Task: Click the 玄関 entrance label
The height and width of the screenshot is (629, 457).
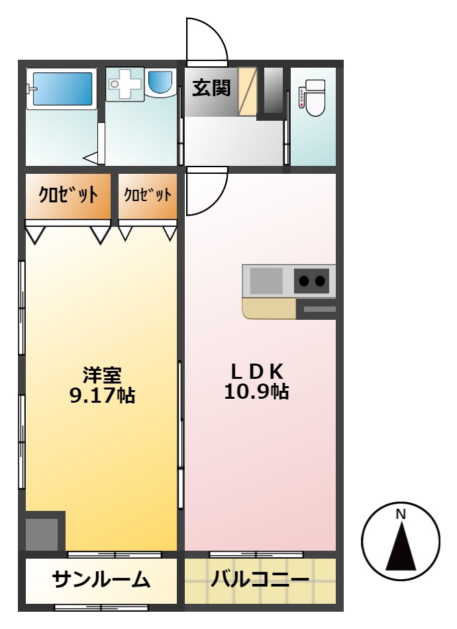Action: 211,88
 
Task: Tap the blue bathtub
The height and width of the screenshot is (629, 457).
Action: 62,89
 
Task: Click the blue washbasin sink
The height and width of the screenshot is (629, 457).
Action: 161,82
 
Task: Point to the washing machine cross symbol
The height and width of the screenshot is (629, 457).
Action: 125,84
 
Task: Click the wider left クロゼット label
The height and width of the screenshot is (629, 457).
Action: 68,195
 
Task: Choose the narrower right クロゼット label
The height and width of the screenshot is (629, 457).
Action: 148,195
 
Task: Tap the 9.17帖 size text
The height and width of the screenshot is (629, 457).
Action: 103,395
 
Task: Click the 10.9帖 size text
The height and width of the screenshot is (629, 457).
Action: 256,391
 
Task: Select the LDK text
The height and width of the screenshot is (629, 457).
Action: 257,372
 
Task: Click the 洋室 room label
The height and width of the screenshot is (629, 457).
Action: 102,376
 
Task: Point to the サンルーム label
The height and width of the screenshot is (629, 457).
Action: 101,580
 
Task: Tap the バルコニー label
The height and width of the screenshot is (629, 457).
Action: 260,580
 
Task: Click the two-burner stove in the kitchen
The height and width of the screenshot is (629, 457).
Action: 312,281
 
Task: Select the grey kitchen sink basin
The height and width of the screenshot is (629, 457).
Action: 266,281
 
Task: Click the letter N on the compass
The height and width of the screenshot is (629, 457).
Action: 401,514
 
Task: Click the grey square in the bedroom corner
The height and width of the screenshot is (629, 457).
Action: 42,534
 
